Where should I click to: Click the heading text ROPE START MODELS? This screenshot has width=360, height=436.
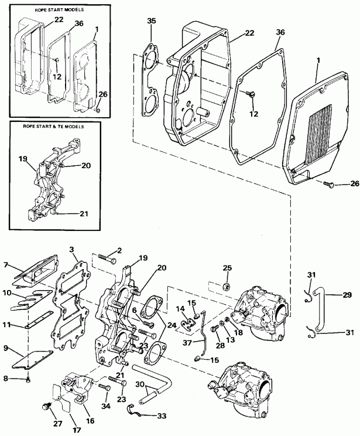tap(51, 10)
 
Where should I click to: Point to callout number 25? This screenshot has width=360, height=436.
tap(228, 268)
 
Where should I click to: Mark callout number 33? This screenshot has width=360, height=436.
tap(162, 416)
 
